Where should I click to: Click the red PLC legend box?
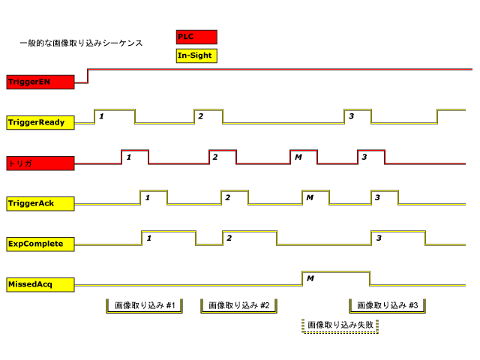196,37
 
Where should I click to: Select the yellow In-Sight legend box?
196,55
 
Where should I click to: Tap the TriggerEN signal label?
40,82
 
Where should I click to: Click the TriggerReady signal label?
40,122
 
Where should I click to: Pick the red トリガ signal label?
40,163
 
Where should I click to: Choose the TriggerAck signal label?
40,203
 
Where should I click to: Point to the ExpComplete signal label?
40,244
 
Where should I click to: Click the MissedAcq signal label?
40,284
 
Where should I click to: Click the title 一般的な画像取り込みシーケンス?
81,43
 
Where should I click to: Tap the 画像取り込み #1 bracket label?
145,306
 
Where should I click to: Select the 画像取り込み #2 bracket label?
239,306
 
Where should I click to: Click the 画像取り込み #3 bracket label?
388,306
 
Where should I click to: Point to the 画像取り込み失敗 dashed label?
340,325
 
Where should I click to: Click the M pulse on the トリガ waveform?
304,157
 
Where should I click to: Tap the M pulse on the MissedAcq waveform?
335,278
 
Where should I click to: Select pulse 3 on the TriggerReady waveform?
358,116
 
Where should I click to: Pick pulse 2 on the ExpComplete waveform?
250,238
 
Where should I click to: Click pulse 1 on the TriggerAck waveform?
154,197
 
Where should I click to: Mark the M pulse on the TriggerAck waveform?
316,197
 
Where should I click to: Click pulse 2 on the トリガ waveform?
223,157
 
